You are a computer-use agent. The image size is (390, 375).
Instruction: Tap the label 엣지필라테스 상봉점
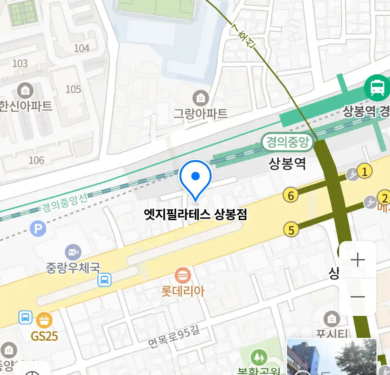coord(196,214)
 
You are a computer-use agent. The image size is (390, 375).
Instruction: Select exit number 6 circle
coord(291,195)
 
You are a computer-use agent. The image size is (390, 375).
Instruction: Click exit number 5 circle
coord(291,230)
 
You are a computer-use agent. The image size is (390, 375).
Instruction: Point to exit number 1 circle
coord(364,171)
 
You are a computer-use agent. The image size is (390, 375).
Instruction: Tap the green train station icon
coord(377,87)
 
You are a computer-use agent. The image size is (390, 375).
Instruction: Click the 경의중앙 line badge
coord(287,142)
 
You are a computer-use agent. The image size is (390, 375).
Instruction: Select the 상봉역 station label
coord(287,163)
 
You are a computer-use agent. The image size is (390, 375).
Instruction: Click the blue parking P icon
coord(38,228)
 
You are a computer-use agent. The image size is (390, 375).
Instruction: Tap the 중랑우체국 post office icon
coord(73,252)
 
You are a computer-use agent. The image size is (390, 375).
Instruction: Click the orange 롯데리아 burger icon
coord(182,276)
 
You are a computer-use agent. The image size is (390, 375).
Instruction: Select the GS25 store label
coord(44,336)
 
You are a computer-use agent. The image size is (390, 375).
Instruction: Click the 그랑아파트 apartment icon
coord(200,98)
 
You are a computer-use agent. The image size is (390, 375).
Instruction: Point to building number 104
coord(81,48)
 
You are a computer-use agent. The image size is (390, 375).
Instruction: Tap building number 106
coord(36,160)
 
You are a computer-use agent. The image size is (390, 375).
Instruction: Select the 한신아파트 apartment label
coord(26,106)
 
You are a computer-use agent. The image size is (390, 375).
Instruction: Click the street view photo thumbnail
coord(331,357)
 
